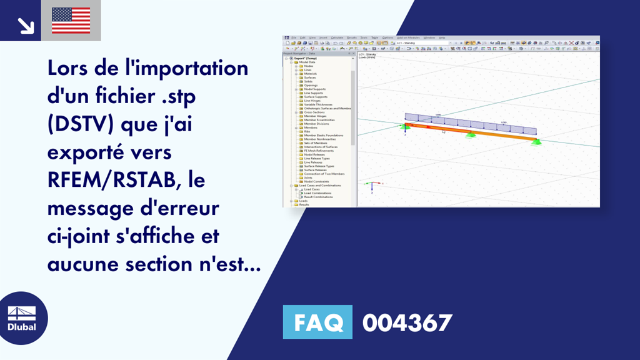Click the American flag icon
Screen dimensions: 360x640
(x=71, y=20)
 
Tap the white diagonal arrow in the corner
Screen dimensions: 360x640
(x=25, y=24)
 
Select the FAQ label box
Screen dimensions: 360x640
(x=317, y=322)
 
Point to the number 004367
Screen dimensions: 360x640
(x=406, y=322)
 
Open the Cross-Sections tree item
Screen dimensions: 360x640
(x=314, y=112)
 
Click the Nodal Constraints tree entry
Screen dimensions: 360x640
(x=316, y=181)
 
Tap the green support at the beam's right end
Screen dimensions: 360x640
(x=536, y=142)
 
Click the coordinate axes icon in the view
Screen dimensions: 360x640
(x=372, y=185)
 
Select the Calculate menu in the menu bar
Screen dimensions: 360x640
(x=337, y=37)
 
